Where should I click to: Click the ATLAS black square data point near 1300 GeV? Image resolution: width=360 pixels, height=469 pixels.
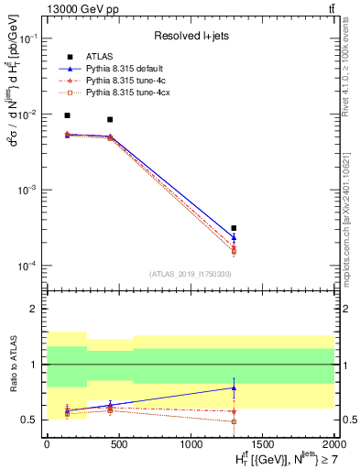pos(234,228)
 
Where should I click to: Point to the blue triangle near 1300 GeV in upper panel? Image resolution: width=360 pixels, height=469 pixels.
pos(234,237)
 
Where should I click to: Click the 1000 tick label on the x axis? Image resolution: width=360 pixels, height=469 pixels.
pos(191,442)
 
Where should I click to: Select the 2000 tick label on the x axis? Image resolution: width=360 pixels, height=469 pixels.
pos(333,442)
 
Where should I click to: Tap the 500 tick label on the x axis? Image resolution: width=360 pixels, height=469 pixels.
pos(118,442)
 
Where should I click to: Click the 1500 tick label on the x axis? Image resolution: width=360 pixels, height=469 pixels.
pos(262,442)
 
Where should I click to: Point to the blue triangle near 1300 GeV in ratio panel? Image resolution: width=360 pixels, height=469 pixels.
pos(234,388)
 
